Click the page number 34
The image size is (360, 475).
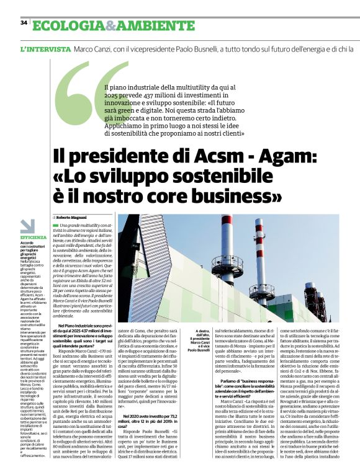24,23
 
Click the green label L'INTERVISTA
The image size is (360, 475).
45,48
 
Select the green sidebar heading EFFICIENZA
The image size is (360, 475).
33,238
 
